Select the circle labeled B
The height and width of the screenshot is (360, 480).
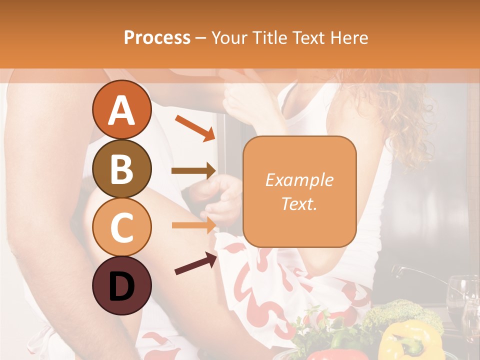pos(121,168)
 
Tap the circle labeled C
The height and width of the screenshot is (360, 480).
pos(121,227)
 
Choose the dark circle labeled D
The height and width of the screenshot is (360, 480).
pos(121,285)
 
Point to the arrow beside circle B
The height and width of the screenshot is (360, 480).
pos(193,171)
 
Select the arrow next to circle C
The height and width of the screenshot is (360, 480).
pos(193,225)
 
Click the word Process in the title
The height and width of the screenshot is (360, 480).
pos(157,37)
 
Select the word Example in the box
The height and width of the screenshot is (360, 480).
pos(299,180)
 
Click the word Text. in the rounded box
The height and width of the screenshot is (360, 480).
pos(299,203)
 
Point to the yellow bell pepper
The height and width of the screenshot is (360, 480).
pos(407,340)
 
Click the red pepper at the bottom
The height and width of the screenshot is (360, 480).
pos(327,354)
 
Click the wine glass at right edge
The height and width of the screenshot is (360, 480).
pos(462,300)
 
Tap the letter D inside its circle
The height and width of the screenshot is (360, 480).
pos(121,286)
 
